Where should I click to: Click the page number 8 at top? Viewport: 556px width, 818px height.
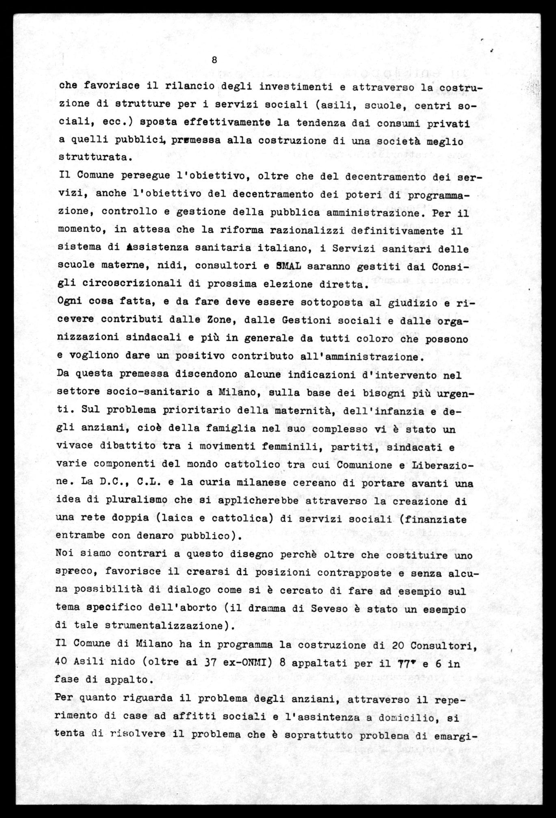coord(214,60)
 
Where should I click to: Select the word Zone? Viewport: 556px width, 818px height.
coord(220,320)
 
